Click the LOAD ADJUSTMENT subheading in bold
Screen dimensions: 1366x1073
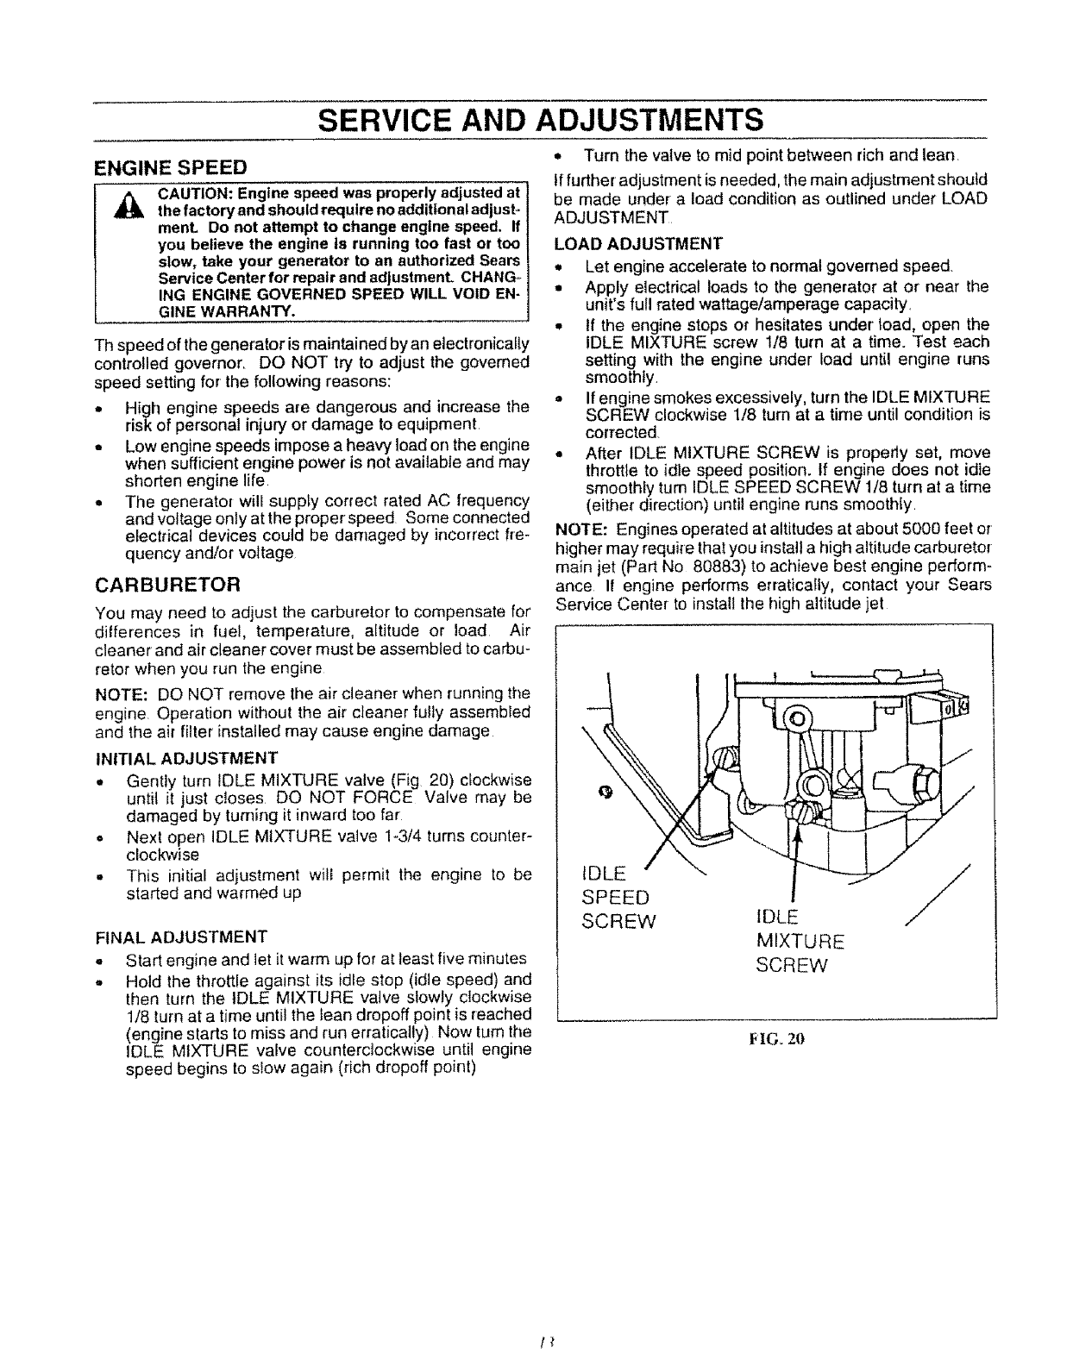(637, 242)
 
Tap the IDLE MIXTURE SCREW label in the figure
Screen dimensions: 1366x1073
(800, 940)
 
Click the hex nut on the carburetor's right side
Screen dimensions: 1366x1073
(920, 780)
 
